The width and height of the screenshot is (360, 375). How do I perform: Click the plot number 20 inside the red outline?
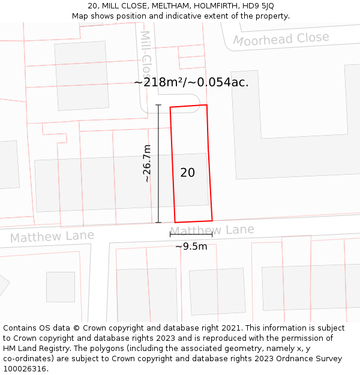click(x=187, y=173)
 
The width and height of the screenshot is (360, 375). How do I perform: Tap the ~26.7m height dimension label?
click(x=147, y=163)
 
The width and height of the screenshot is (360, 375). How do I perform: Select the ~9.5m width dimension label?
click(x=191, y=246)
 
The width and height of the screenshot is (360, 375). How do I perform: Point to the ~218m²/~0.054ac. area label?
click(x=191, y=82)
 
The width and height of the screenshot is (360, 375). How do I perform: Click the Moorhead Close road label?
click(x=281, y=40)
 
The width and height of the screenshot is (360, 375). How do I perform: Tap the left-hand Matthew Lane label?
click(x=52, y=236)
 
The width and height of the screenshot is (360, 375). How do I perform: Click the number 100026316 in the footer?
click(x=25, y=368)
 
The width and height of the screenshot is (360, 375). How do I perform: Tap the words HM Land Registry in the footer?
click(x=33, y=348)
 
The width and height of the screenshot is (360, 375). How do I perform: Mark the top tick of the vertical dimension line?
click(x=158, y=106)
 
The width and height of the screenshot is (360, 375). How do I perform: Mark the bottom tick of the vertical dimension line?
click(x=158, y=223)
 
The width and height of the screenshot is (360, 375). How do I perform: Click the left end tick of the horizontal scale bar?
click(x=170, y=235)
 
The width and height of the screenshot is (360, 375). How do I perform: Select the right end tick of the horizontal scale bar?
click(x=212, y=235)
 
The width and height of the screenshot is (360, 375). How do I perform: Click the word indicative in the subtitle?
click(x=182, y=16)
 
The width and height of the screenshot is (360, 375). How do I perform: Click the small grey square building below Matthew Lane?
click(x=61, y=287)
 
